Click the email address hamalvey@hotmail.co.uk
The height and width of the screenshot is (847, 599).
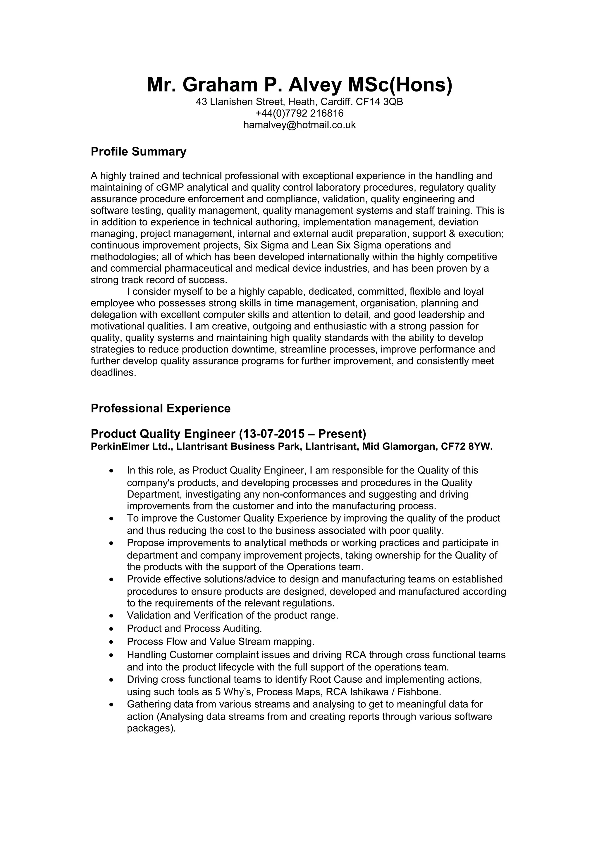[299, 125]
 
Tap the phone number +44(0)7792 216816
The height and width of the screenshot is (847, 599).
[299, 113]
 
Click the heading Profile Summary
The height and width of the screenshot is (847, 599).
[138, 152]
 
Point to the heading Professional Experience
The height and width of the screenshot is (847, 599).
[161, 408]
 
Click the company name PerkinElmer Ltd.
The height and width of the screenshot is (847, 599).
[131, 447]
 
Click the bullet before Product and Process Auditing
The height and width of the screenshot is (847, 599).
[111, 629]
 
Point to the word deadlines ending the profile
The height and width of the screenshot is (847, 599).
[113, 373]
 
